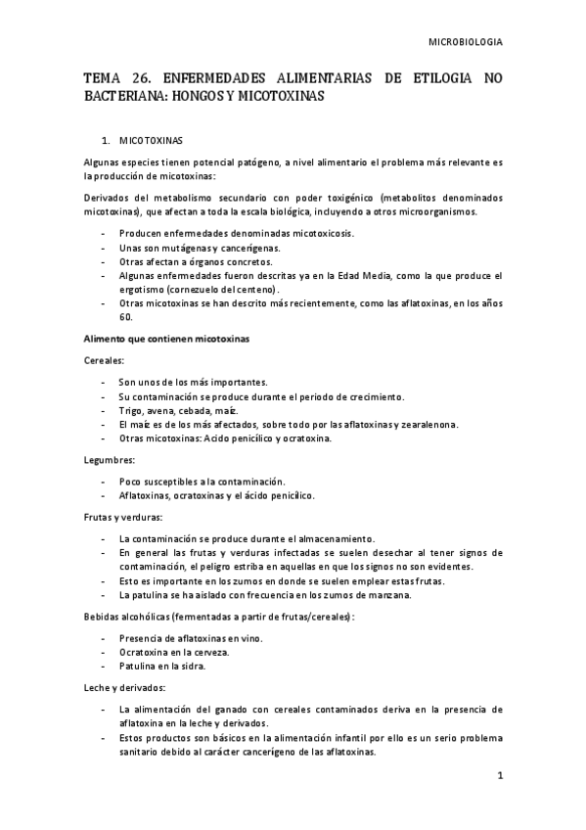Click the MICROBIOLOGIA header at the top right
point(466,42)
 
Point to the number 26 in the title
point(140,77)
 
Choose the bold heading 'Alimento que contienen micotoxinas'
point(166,339)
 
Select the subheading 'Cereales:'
point(105,360)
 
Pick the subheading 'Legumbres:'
point(110,459)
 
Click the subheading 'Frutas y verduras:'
point(123,516)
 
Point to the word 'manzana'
point(391,594)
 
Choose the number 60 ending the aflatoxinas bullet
point(125,317)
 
